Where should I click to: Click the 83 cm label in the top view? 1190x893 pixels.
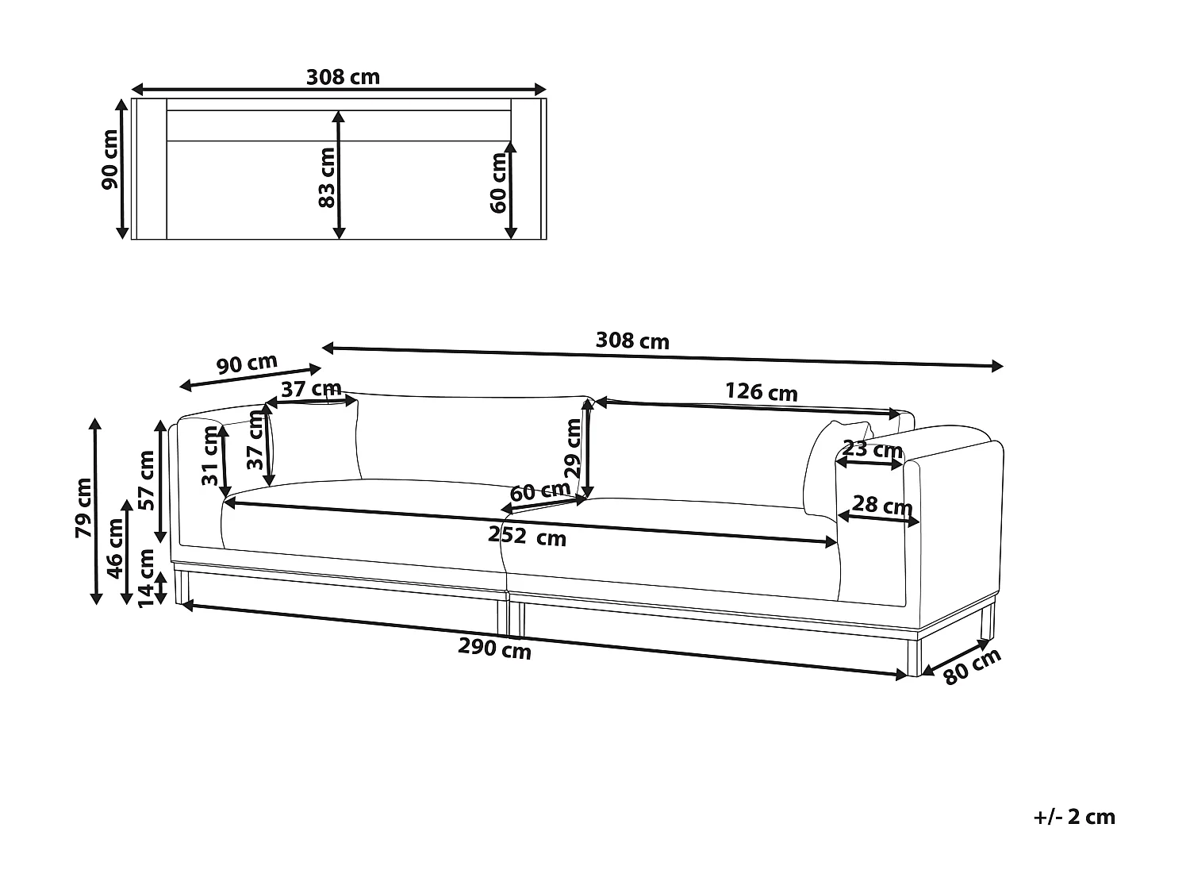tap(327, 177)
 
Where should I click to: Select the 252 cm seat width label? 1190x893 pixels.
tap(527, 537)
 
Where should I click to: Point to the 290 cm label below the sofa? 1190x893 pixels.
tap(494, 649)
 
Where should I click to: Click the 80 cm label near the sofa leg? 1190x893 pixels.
tap(972, 666)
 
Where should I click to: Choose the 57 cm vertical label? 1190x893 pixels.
tap(147, 480)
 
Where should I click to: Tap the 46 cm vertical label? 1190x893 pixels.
tap(115, 549)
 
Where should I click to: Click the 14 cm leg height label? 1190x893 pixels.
tap(147, 578)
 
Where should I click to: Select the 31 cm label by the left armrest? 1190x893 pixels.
tap(209, 456)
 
